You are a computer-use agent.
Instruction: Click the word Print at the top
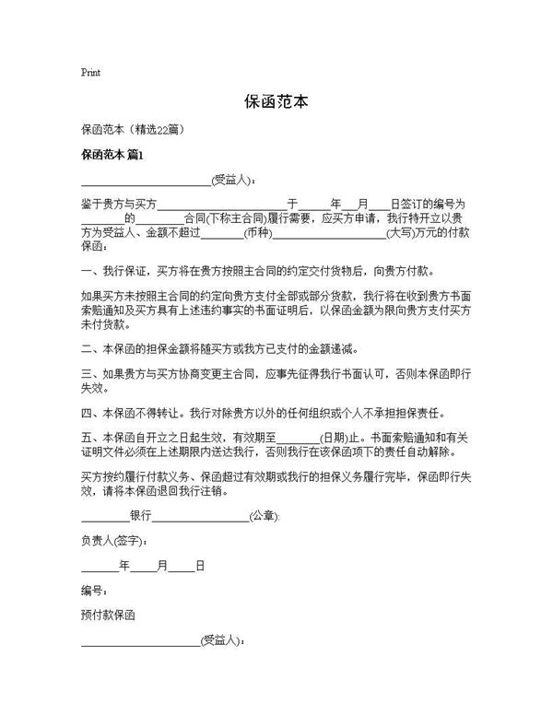click(90, 72)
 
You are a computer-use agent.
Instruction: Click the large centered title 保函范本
click(276, 100)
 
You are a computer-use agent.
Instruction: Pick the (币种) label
click(257, 233)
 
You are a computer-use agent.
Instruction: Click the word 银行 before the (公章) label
click(141, 516)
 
